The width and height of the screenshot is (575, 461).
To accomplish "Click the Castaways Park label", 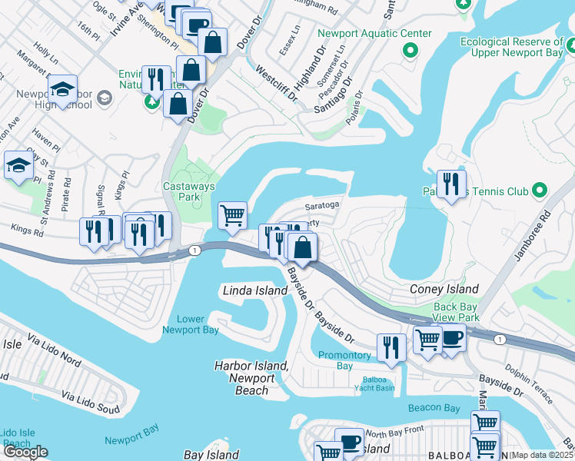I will pyautogui.click(x=189, y=191).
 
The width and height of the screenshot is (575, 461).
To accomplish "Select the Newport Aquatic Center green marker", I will pyautogui.click(x=410, y=52).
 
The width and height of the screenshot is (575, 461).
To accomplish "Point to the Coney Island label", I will pyautogui.click(x=444, y=289).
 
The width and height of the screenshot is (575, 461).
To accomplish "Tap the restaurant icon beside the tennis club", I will pyautogui.click(x=451, y=185).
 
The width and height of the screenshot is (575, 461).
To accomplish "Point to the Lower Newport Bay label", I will pyautogui.click(x=191, y=324).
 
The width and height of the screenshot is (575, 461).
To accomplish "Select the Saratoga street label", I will pyautogui.click(x=321, y=206).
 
